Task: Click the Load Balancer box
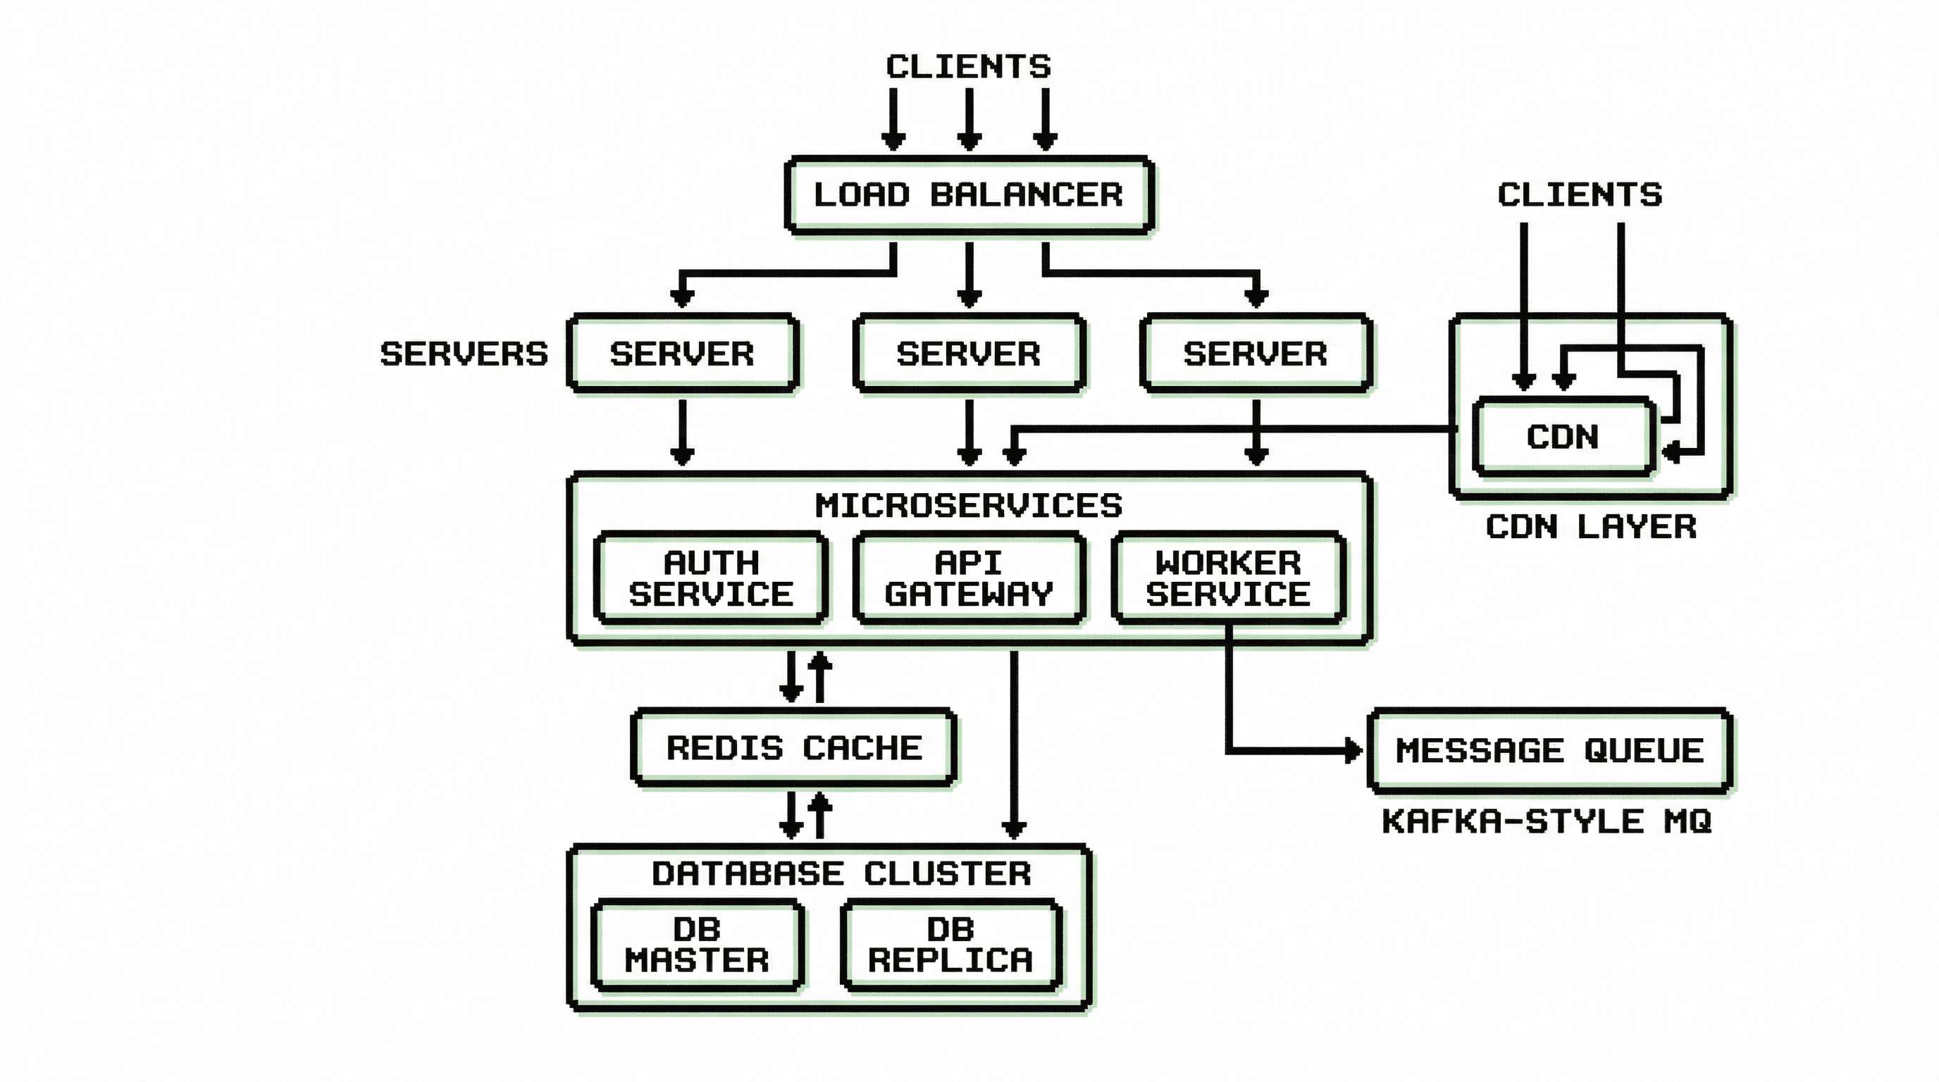(x=969, y=195)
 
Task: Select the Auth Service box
(x=710, y=578)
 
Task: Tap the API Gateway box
(x=969, y=578)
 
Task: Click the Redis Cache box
(x=794, y=747)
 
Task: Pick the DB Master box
(x=697, y=945)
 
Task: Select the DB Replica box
(x=950, y=945)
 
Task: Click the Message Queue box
(x=1549, y=750)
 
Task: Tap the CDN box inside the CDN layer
(x=1563, y=437)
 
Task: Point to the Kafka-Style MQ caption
(x=1547, y=821)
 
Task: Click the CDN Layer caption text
(x=1590, y=527)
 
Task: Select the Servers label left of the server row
(x=464, y=354)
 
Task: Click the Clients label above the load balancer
(x=968, y=66)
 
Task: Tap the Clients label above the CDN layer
(x=1579, y=195)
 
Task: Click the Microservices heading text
(x=969, y=506)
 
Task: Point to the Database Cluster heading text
(x=841, y=873)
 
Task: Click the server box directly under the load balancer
(x=969, y=354)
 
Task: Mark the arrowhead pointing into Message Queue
(x=1353, y=750)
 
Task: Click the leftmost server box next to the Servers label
(x=682, y=354)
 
